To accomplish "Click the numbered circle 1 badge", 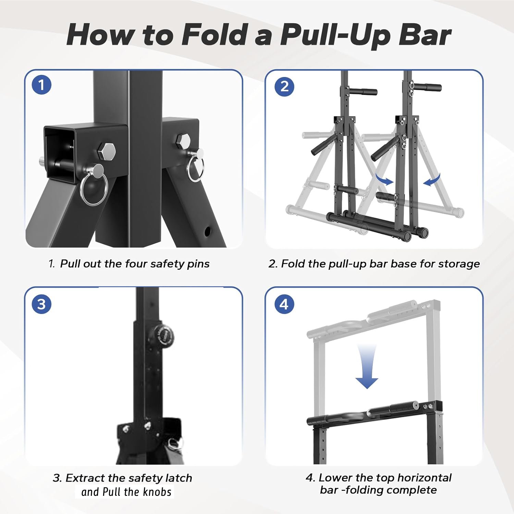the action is coord(41,85).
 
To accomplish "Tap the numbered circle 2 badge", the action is coord(284,86).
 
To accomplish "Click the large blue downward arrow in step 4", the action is coord(367,367).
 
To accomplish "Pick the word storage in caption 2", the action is coord(459,264).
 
